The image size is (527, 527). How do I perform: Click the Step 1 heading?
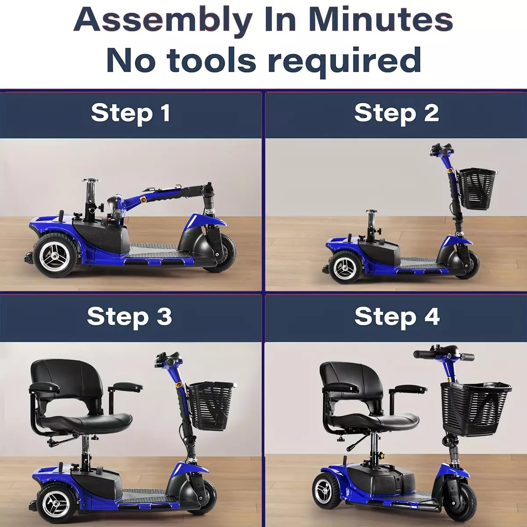coord(131,113)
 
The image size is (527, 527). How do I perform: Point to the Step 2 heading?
coord(397,113)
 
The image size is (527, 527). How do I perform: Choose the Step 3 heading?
coord(130,317)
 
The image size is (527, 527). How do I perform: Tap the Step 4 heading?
coord(397,317)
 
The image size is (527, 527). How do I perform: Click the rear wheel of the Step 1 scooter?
coord(55,256)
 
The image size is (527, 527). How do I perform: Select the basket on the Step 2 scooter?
coord(476,189)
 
